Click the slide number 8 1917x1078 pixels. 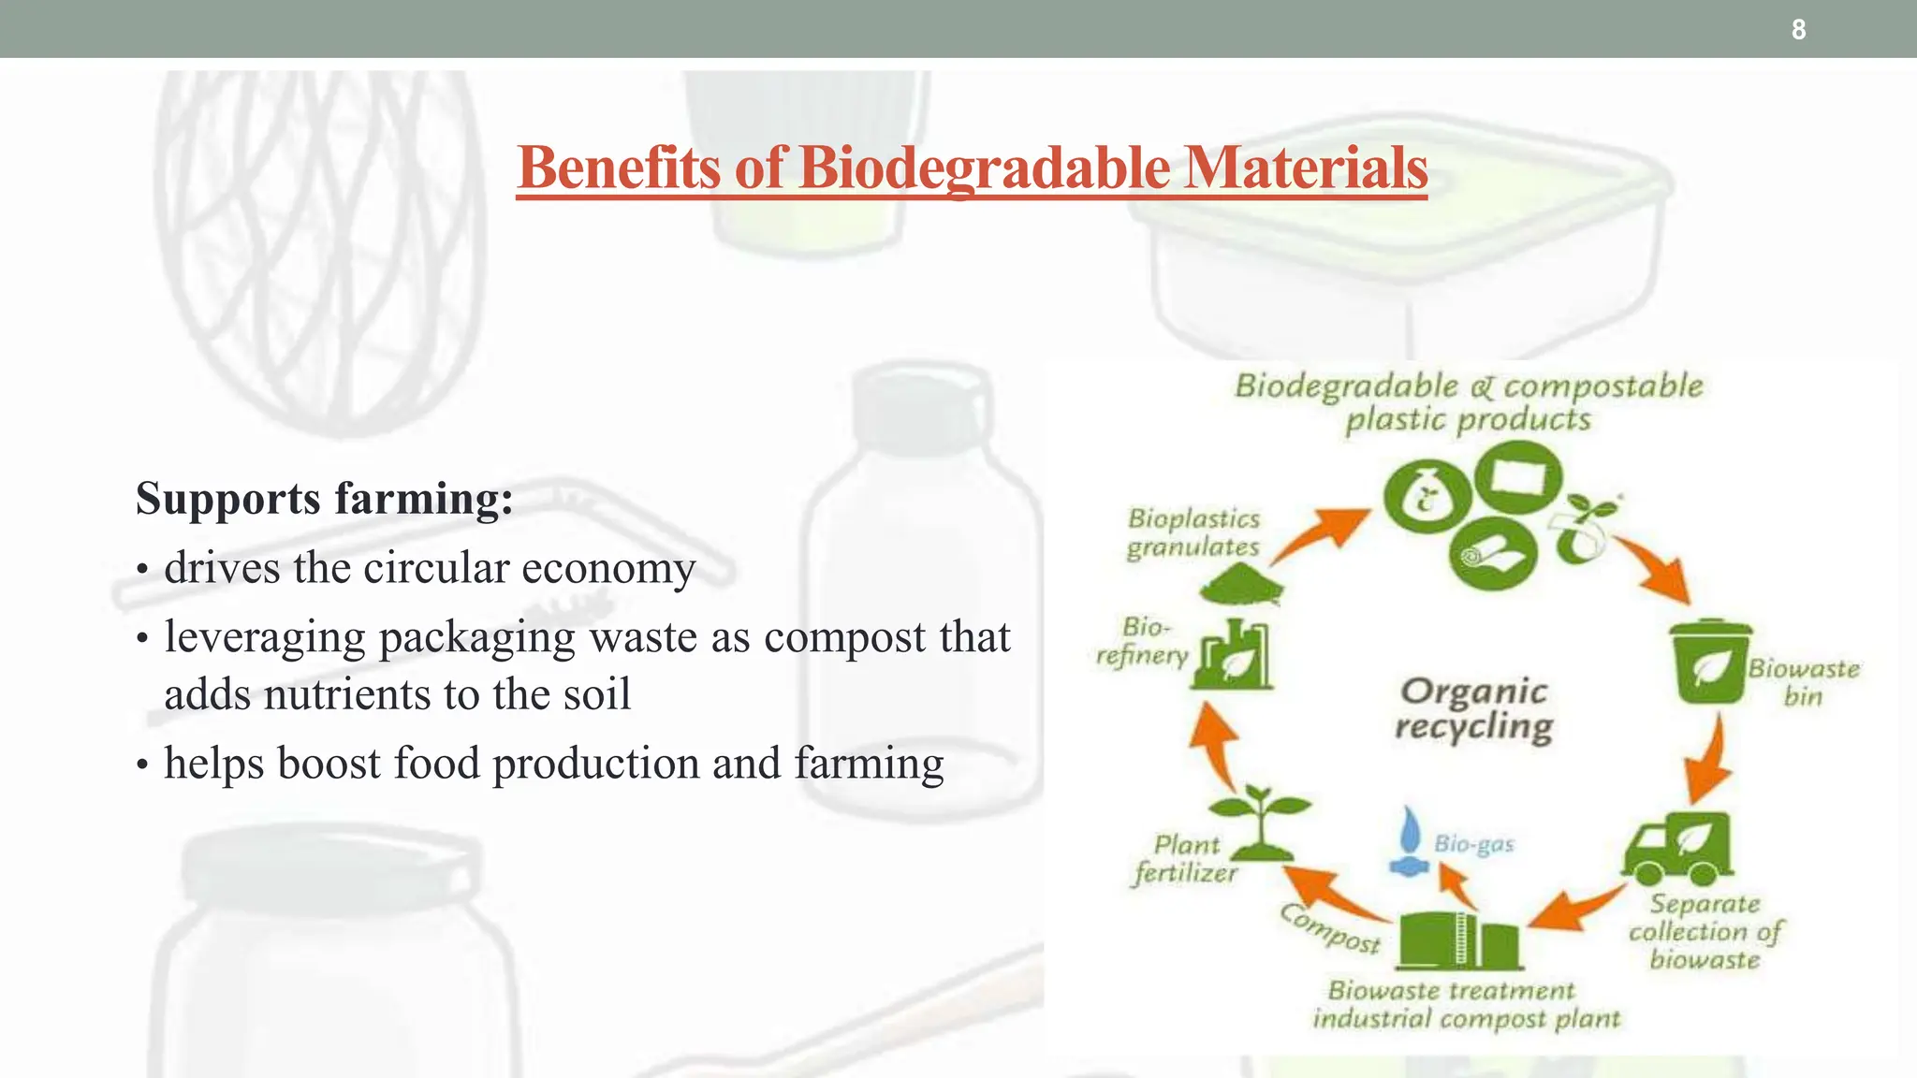pos(1798,30)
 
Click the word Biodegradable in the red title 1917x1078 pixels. pos(984,168)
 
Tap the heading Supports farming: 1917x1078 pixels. pos(324,498)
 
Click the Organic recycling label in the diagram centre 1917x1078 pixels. pos(1474,708)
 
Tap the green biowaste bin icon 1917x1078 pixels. pos(1710,661)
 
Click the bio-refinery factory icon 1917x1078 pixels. pos(1234,654)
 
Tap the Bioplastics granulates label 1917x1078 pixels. pos(1193,532)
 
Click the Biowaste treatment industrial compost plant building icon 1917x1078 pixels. pos(1457,940)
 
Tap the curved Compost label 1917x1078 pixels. pos(1330,929)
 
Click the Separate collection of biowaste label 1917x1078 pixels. pos(1705,931)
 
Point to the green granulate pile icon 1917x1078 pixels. pos(1241,587)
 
